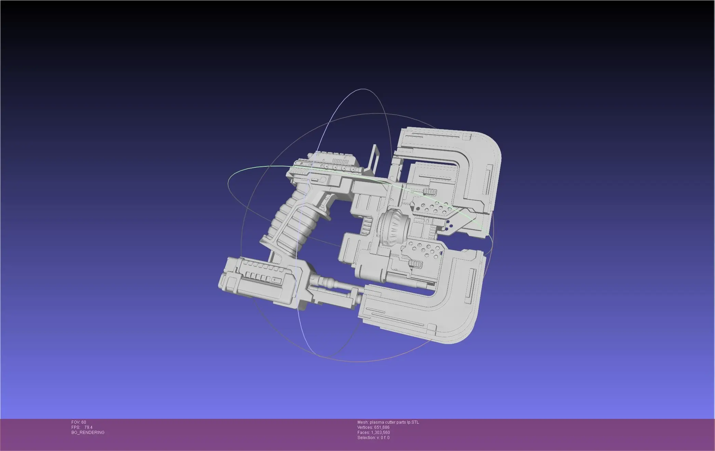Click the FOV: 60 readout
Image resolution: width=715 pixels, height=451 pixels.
point(79,422)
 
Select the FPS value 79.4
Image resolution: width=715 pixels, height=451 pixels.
point(88,427)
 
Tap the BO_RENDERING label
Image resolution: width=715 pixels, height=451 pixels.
point(88,433)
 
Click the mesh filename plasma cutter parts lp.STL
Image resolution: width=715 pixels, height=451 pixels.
point(394,422)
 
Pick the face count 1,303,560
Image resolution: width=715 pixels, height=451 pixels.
point(380,433)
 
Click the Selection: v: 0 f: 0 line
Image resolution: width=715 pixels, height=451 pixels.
point(373,438)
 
